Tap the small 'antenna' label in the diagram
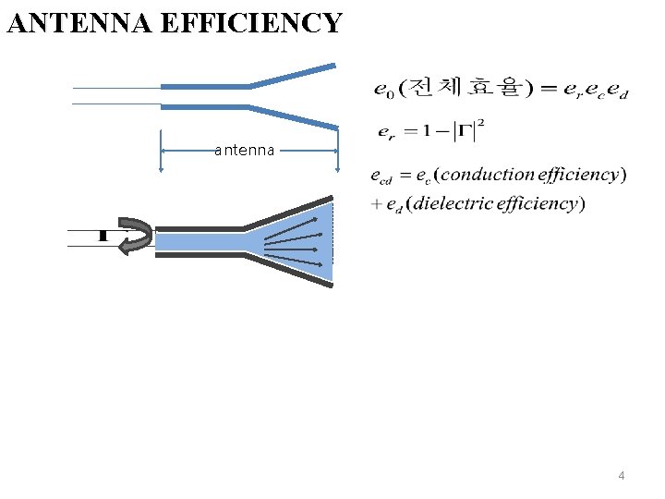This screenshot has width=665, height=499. coord(244,150)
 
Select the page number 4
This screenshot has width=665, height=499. coord(621,476)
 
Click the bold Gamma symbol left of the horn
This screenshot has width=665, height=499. coord(102,235)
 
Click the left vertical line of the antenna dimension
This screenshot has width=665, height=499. coord(162,150)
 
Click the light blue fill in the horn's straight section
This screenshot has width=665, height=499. coord(199,241)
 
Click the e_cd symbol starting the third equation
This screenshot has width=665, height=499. coord(380,176)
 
